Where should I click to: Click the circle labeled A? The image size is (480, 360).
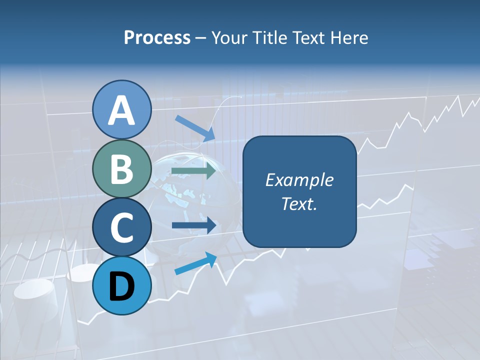[122, 110]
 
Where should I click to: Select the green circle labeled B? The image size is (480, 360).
[122, 168]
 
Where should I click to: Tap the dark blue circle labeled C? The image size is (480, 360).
[122, 227]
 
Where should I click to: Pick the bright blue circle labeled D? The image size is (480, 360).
[122, 285]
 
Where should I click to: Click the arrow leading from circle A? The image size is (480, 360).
[195, 128]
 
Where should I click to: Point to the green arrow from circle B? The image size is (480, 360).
[194, 171]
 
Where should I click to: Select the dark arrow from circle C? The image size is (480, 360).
[194, 225]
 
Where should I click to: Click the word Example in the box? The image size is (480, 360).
[299, 180]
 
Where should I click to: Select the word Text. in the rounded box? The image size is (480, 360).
[299, 203]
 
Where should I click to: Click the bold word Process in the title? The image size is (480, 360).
[157, 37]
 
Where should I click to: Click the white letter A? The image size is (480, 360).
[122, 110]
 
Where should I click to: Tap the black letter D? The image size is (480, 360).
[122, 286]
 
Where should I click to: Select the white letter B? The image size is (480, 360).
[122, 169]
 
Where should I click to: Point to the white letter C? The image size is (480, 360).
[122, 227]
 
